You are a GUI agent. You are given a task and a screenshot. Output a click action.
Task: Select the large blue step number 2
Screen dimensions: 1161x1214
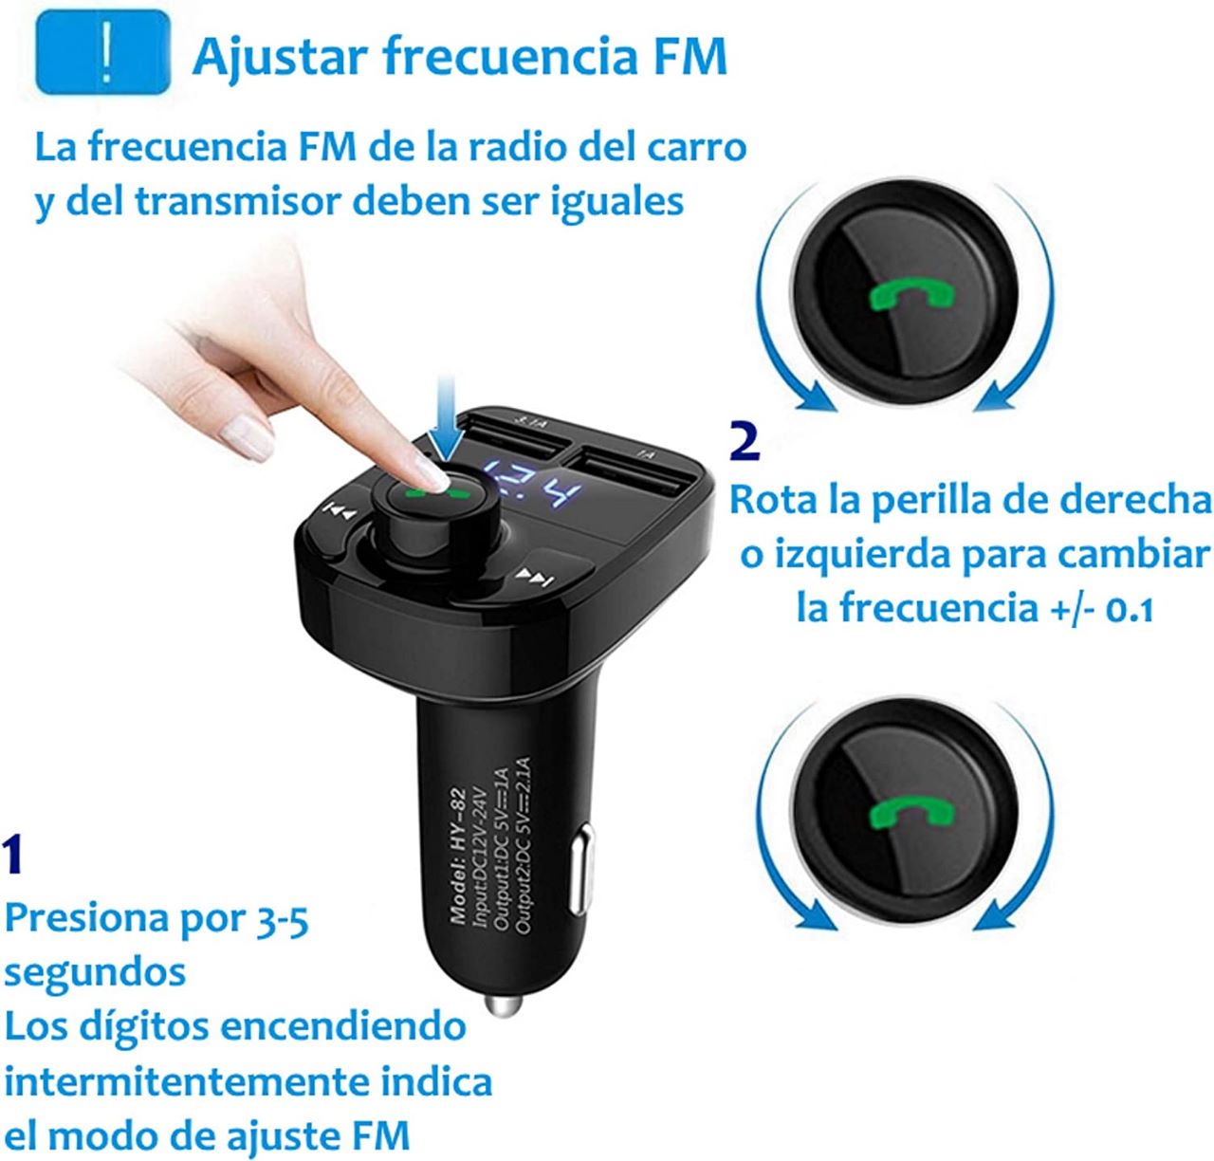(x=745, y=442)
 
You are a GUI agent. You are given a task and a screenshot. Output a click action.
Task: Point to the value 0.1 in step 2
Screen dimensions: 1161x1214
(x=1130, y=608)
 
